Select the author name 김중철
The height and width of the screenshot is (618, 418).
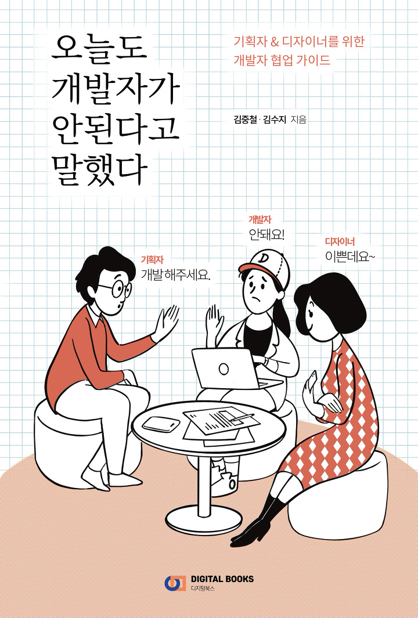coord(244,120)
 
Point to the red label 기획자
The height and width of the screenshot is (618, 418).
coord(152,260)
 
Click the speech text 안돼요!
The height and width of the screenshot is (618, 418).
coord(266,235)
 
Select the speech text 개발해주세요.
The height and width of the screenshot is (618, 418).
coord(176,274)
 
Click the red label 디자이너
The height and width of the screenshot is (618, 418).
coord(340,241)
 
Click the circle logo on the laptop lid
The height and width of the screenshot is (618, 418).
coord(224,369)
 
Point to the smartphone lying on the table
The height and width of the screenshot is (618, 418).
coord(161,424)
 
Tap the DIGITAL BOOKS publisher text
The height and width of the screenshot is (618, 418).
coord(222,579)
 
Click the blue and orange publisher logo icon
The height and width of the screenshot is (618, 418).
coord(175,583)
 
